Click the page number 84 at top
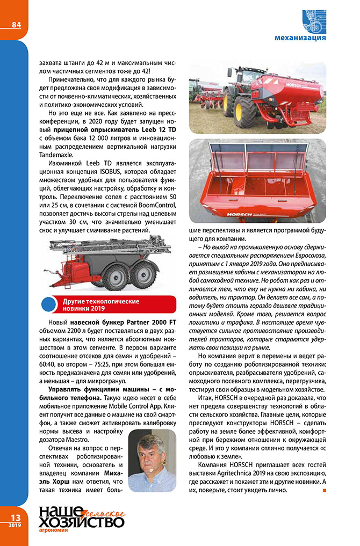click(16, 25)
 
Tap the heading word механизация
click(300, 38)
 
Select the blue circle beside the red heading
click(49, 305)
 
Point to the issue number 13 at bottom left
click(15, 517)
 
